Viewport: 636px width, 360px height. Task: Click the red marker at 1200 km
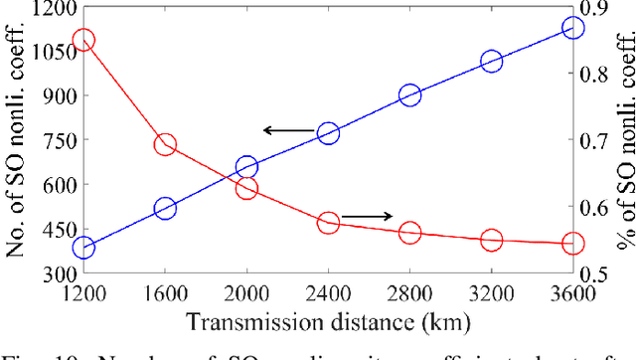(83, 41)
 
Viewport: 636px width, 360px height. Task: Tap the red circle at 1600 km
(165, 145)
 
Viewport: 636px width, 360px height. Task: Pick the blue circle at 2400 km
(329, 133)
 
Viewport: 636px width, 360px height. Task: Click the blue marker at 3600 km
(573, 28)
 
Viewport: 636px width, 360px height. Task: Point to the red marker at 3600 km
(573, 243)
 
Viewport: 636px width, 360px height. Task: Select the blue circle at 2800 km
(410, 95)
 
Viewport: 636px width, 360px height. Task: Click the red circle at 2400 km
(329, 223)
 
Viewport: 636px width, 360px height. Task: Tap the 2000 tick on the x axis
(246, 294)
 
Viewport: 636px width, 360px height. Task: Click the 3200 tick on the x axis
(491, 294)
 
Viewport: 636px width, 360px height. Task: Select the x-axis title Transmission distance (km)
(328, 321)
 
